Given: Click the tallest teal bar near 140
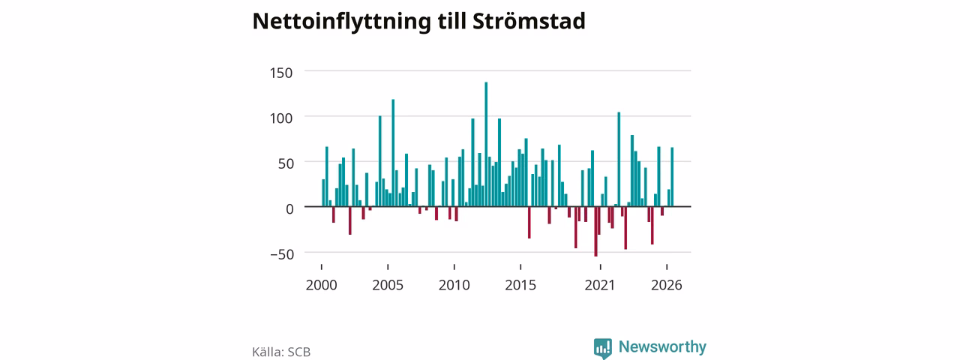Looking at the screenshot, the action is (x=486, y=144).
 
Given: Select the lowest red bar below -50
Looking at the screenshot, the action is (x=595, y=232).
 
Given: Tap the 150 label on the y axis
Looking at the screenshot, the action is (x=281, y=73).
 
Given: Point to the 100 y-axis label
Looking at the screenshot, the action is (x=281, y=118).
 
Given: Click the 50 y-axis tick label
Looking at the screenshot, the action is (x=286, y=163).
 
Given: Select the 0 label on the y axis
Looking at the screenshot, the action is (x=289, y=209).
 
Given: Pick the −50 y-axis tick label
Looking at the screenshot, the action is (x=282, y=254).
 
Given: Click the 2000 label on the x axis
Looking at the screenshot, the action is (x=322, y=285).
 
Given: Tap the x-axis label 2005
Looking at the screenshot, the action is (x=388, y=285).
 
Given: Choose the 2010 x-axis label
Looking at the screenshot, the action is (x=454, y=285).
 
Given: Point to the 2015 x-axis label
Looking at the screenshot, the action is (x=520, y=285).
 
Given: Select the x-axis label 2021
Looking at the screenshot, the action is (x=600, y=285).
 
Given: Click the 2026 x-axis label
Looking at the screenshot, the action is (x=667, y=285).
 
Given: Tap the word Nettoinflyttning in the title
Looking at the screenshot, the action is (x=341, y=22).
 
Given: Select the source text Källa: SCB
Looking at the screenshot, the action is (x=281, y=352).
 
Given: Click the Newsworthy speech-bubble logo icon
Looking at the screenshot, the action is (x=602, y=348).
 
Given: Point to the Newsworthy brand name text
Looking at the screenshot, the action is (x=662, y=346).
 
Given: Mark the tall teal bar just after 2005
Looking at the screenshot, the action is (x=393, y=153).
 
